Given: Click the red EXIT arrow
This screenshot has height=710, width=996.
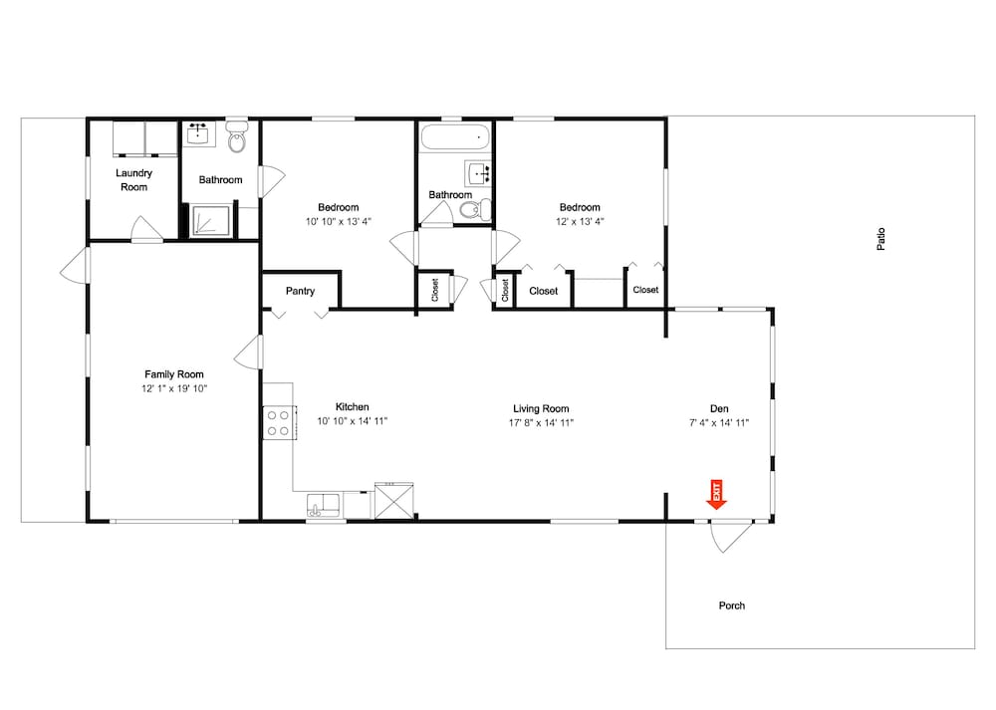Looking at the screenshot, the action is (716, 495).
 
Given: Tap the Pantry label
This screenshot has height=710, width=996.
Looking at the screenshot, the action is (300, 291).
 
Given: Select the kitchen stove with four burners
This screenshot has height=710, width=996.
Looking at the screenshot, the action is (278, 422).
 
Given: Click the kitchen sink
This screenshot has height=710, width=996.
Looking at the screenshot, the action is (324, 506).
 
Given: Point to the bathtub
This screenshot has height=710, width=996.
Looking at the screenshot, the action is (455, 136).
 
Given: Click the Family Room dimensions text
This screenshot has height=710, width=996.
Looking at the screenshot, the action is (174, 388).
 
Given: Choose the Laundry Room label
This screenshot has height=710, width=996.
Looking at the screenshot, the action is (134, 179).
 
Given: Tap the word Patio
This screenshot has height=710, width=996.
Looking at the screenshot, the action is (881, 239).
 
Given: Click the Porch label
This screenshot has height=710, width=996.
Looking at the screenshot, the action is (732, 605).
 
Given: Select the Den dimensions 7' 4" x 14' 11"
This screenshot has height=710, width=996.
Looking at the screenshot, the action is (719, 423).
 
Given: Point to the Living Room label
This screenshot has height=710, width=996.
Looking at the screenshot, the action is (541, 409).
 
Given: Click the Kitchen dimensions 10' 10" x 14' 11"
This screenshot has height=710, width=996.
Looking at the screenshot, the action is (352, 421).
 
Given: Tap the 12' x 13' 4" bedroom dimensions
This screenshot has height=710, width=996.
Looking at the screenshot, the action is (580, 222).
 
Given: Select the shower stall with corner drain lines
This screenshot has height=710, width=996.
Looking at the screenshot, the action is (211, 220).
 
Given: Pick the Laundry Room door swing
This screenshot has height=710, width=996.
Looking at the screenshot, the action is (145, 229).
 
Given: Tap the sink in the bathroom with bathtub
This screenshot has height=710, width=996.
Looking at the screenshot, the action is (478, 172).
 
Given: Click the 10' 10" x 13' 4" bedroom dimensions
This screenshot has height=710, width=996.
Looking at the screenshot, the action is (339, 222).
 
